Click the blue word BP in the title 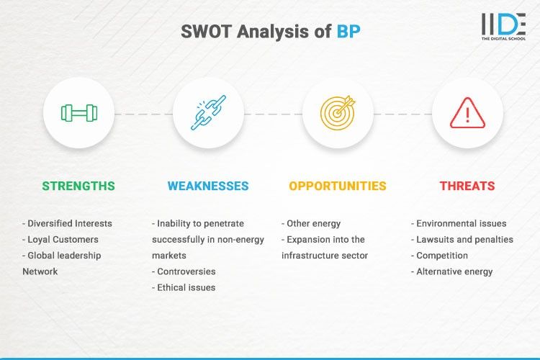pos(349,32)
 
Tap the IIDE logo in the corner pos(503,27)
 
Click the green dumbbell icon pos(78,113)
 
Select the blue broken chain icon pos(208,113)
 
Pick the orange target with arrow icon pos(338,113)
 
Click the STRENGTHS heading pos(78,186)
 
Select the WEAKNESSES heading pos(208,186)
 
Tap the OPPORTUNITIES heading pos(338,186)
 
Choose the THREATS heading pos(467,186)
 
